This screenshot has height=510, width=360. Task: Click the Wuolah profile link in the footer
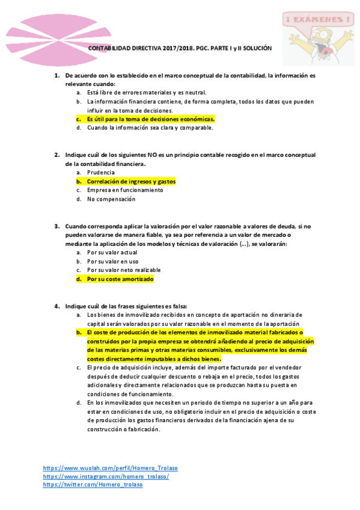tap(110, 467)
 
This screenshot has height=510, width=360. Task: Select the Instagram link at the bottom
tap(106, 476)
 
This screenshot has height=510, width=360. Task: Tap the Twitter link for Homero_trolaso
tap(93, 485)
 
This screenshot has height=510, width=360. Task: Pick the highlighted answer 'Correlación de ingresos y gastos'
tap(131, 181)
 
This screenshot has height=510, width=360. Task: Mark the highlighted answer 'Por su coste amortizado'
tap(120, 279)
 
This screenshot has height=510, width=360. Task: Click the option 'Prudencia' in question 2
tap(101, 172)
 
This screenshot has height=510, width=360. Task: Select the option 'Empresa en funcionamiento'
tap(125, 190)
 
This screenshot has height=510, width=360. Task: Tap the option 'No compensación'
tap(111, 199)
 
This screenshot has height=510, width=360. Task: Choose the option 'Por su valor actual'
tap(113, 253)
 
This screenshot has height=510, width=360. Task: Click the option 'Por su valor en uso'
tap(112, 262)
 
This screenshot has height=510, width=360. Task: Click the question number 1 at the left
tap(57, 76)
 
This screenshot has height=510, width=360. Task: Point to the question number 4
tap(57, 306)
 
